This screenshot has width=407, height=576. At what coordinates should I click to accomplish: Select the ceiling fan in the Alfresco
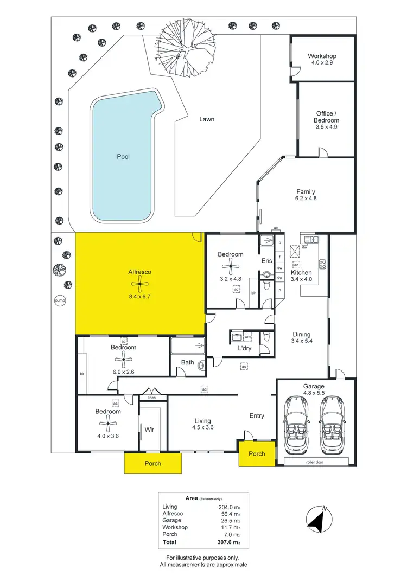tap(139, 284)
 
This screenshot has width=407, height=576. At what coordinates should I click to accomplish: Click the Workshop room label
tap(322, 56)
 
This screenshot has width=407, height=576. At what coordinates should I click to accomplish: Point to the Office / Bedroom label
tap(327, 117)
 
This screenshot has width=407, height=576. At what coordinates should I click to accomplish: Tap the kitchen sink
tap(310, 239)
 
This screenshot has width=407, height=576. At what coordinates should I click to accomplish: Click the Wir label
tap(149, 430)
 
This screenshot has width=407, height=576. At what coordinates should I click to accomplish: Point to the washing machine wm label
tap(247, 337)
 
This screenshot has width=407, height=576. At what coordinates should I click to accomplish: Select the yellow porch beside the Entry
tap(257, 454)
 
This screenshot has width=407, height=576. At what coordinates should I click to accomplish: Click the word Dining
tap(301, 335)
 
